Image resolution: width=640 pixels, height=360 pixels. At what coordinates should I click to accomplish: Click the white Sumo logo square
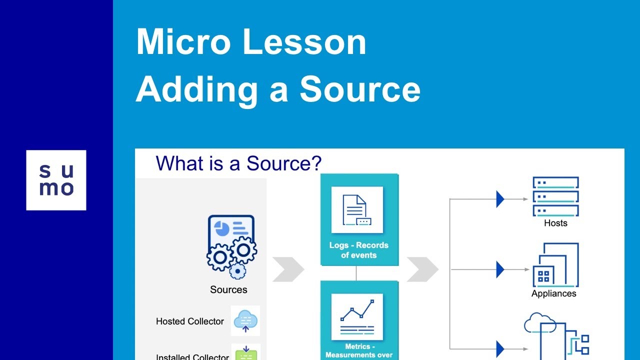click(x=56, y=180)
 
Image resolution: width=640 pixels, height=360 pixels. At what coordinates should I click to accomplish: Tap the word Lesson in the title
click(x=304, y=42)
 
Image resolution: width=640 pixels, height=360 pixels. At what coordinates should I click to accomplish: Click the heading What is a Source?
click(x=238, y=163)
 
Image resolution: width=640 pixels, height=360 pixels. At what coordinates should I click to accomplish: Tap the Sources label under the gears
click(x=228, y=290)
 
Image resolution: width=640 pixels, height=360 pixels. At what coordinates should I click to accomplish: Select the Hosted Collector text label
click(x=189, y=321)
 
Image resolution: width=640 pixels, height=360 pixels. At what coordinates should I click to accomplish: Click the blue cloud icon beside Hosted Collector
click(x=245, y=320)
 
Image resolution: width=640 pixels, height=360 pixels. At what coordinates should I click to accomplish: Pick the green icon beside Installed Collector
click(x=245, y=353)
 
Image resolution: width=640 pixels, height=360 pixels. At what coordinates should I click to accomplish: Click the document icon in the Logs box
click(x=356, y=210)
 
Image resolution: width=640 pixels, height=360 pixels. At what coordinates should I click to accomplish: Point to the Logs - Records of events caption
click(x=358, y=250)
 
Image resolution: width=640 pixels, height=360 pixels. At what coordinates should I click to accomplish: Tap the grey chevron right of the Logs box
click(x=422, y=269)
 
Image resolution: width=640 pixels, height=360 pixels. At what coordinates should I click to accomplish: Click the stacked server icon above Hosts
click(x=555, y=196)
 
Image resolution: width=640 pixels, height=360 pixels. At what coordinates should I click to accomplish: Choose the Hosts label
click(x=555, y=223)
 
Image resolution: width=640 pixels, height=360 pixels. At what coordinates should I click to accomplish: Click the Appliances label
click(x=553, y=294)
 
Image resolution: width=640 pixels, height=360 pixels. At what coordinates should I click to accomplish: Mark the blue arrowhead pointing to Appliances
click(x=500, y=269)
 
